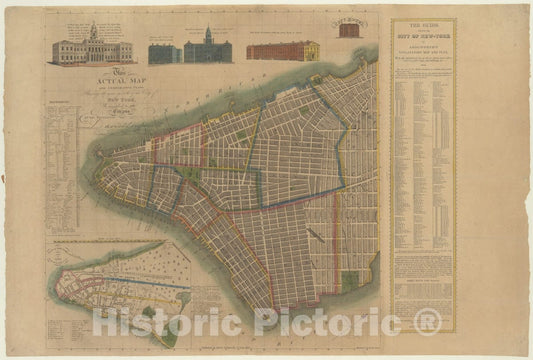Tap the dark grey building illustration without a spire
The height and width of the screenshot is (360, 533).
(x=166, y=53)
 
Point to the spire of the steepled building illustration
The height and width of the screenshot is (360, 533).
(x=208, y=31)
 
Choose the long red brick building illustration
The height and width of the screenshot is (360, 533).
(x=283, y=50)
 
